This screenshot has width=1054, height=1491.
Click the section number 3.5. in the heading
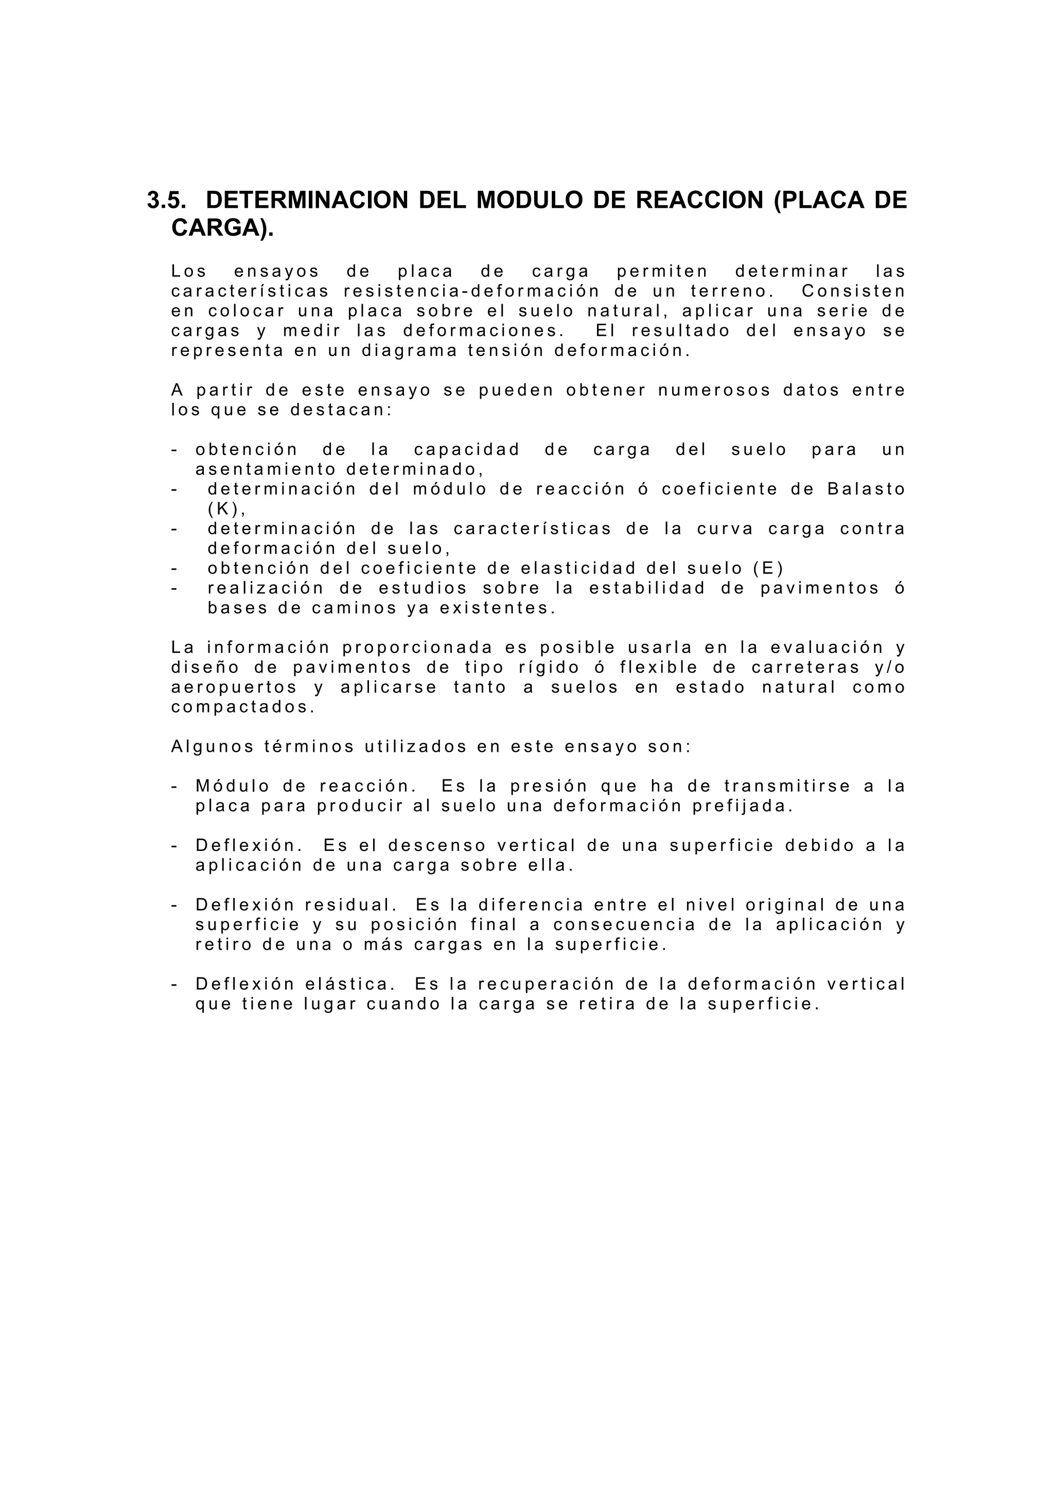point(166,200)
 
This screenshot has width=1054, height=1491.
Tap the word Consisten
point(853,291)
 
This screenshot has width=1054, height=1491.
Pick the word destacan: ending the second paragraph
point(341,411)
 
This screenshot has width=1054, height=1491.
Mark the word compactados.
point(243,707)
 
